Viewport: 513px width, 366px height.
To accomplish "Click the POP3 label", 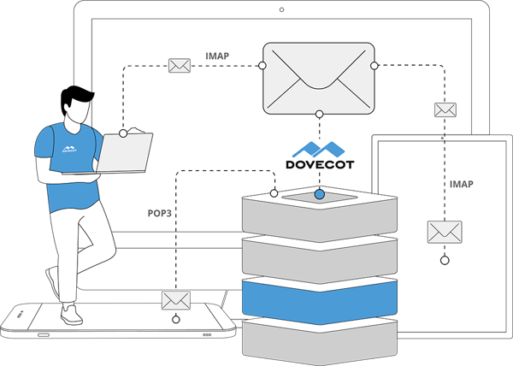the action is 160,213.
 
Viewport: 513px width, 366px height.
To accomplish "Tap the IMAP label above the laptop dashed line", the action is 217,56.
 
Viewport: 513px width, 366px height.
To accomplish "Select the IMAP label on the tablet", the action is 462,184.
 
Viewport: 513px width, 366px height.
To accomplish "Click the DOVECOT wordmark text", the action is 320,164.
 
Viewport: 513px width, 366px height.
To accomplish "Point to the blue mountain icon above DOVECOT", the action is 318,150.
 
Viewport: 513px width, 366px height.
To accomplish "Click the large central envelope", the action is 319,79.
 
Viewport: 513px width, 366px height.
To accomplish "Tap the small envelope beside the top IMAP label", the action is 180,65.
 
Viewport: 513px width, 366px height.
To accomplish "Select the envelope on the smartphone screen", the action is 176,301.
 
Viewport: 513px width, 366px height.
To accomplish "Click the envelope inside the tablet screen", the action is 445,232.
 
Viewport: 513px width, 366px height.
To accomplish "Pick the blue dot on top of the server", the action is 320,195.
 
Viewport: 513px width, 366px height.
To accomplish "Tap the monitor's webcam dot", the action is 281,9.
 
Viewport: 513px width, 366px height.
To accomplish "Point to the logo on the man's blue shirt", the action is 69,149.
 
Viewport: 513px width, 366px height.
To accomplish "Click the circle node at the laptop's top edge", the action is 123,133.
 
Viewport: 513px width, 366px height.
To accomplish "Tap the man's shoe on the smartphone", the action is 71,315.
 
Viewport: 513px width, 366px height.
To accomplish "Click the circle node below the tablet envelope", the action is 445,261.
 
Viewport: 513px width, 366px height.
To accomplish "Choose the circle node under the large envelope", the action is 320,114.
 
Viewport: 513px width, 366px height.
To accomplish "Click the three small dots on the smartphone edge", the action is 207,335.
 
